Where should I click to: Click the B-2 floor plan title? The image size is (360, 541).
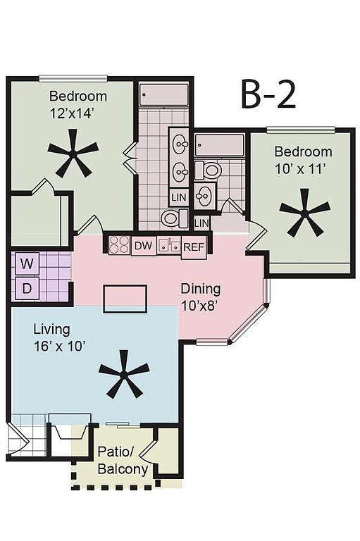(x=268, y=95)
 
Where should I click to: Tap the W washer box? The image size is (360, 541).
(x=27, y=264)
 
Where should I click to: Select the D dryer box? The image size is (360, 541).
(x=27, y=288)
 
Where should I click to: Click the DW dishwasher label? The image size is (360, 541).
(x=143, y=246)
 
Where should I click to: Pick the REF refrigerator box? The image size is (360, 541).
(x=194, y=247)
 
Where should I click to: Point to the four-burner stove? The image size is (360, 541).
(x=119, y=245)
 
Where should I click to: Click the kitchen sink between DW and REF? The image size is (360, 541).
(x=169, y=245)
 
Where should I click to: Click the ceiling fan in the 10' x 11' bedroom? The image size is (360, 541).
(x=304, y=213)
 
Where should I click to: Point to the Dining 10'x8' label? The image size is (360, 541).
(x=201, y=297)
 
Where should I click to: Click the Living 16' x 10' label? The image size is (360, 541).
(x=59, y=337)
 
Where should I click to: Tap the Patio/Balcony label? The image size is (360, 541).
(x=123, y=460)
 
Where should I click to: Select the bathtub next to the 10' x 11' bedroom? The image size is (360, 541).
(x=220, y=145)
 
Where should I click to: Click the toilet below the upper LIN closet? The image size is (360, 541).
(x=175, y=218)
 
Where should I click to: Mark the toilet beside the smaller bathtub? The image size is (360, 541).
(x=207, y=170)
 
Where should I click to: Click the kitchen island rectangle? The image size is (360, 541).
(x=125, y=299)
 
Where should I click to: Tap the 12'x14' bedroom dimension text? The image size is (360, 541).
(x=73, y=113)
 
